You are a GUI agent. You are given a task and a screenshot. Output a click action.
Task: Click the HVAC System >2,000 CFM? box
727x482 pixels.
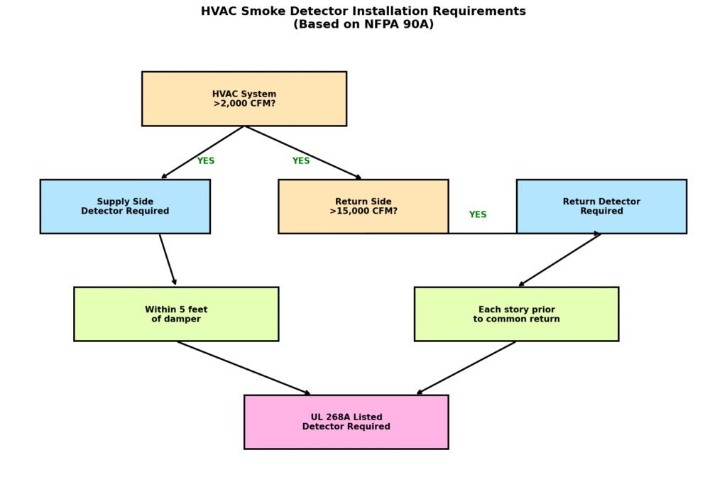(x=244, y=99)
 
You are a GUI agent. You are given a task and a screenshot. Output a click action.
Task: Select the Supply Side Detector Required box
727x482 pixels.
(x=125, y=207)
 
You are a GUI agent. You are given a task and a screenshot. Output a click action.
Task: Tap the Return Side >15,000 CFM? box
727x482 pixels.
(x=363, y=207)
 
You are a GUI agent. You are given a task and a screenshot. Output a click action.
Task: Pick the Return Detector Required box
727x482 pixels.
(x=601, y=207)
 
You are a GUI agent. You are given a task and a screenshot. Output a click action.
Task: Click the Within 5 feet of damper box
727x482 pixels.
(x=176, y=314)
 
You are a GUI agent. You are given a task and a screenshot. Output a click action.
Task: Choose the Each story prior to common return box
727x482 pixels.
(x=516, y=314)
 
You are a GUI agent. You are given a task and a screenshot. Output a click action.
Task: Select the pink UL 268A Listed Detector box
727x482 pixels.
(x=346, y=422)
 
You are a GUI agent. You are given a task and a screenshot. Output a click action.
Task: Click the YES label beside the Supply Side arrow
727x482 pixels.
(x=206, y=161)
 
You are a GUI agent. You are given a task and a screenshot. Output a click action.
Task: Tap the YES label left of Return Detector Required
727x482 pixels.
(x=478, y=215)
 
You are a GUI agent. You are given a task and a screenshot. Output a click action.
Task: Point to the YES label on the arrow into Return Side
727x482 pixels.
(x=301, y=161)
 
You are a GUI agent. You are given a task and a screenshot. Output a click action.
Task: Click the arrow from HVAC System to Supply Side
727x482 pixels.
(x=202, y=153)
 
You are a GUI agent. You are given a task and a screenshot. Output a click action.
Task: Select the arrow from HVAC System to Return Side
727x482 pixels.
(x=303, y=153)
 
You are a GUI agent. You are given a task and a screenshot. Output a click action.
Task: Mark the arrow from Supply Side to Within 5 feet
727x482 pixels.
(x=168, y=260)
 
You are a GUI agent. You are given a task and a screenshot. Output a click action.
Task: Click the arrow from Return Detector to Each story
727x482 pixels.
(x=559, y=260)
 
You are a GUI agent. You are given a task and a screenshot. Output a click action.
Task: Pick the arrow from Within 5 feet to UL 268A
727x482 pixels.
(x=244, y=368)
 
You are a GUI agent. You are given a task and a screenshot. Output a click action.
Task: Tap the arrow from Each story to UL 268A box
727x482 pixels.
(x=466, y=368)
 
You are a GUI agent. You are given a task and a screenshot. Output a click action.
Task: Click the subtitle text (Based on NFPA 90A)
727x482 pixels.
(x=363, y=25)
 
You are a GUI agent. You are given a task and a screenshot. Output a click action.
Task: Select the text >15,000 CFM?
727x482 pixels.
(x=363, y=212)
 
